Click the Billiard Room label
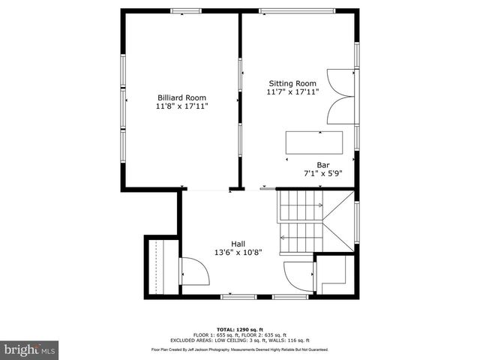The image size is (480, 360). [x=181, y=97]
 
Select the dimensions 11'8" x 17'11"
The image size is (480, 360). [x=181, y=106]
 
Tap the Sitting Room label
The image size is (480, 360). [x=292, y=83]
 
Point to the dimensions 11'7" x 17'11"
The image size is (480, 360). [x=292, y=92]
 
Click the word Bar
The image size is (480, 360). [x=323, y=165]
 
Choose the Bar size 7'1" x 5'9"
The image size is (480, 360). [x=323, y=173]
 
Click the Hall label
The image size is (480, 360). [x=238, y=244]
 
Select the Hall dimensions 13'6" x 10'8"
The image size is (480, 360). [x=238, y=253]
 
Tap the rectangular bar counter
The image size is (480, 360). [x=313, y=142]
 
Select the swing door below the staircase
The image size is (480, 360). [x=298, y=276]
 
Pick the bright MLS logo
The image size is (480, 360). [x=30, y=349]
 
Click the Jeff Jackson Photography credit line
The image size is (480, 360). [x=239, y=349]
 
